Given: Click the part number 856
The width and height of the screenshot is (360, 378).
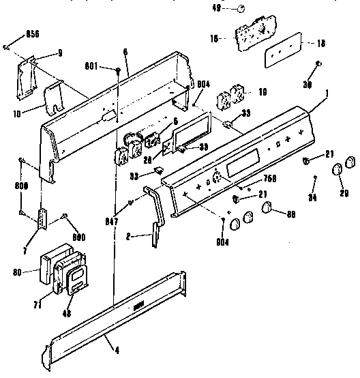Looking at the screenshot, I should coord(31,33).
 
